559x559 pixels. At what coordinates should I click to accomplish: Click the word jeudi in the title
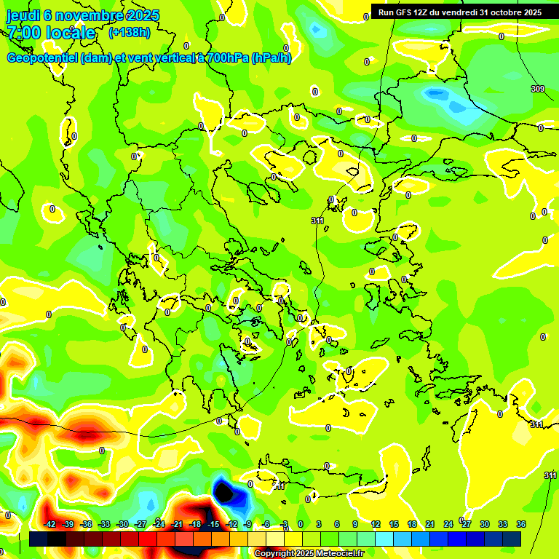coord(23,15)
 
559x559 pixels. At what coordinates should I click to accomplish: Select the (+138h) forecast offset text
coord(130,33)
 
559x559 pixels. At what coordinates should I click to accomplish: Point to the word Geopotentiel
coord(43,58)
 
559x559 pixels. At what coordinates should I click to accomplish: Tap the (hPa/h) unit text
coord(271,58)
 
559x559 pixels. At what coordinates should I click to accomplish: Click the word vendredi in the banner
coord(456,12)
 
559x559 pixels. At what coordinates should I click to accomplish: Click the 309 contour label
coord(537,89)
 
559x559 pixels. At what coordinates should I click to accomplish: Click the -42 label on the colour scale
coord(50,525)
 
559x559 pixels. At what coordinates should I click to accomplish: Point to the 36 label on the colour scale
coord(521,525)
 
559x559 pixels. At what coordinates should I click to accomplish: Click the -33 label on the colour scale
coord(104,525)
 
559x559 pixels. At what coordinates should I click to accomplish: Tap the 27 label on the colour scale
coord(467,525)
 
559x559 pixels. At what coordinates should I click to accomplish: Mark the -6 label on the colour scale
coord(266,525)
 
